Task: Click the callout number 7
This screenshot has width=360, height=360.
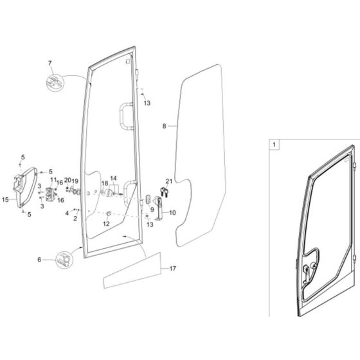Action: click(x=48, y=62)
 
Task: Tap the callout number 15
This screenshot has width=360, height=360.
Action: click(x=6, y=200)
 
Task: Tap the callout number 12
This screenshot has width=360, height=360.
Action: click(x=107, y=224)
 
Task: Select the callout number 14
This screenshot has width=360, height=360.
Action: click(x=113, y=177)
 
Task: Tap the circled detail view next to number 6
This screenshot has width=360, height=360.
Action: click(x=64, y=259)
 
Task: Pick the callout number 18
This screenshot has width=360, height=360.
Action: click(x=104, y=184)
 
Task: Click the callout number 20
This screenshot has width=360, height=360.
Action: click(x=67, y=181)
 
